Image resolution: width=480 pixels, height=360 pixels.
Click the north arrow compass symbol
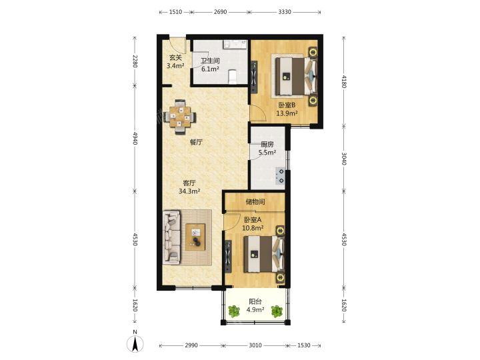pos(135,343)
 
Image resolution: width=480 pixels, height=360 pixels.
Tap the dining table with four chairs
pos(180,117)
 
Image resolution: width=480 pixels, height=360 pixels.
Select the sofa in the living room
pos(171,237)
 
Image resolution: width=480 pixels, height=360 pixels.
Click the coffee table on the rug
pos(195,237)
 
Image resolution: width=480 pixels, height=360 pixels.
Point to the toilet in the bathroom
pos(233,77)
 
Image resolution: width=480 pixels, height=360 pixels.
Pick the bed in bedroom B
pos(295,77)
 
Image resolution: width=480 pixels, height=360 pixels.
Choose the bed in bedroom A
pos(263,254)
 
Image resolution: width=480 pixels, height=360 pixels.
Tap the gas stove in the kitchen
pos(281,176)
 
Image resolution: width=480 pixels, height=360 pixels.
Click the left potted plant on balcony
pos(234,311)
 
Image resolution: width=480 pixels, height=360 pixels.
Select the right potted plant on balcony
pos(277,311)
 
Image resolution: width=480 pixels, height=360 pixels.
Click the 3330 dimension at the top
pos(285,12)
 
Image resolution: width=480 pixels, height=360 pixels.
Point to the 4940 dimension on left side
pos(135,139)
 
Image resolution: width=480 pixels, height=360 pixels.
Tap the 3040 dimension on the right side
pos(343,158)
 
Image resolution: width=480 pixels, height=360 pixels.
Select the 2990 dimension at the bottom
pos(191,345)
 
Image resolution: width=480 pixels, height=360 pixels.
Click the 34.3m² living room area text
pos(189,191)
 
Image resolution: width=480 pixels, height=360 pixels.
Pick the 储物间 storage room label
pos(255,202)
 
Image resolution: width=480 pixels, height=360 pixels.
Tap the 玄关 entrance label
pos(176,57)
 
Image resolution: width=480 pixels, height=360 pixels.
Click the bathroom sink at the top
pos(235,45)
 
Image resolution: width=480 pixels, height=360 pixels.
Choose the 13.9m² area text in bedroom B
pos(287,113)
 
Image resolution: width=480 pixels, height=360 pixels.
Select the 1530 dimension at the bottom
pos(304,345)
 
